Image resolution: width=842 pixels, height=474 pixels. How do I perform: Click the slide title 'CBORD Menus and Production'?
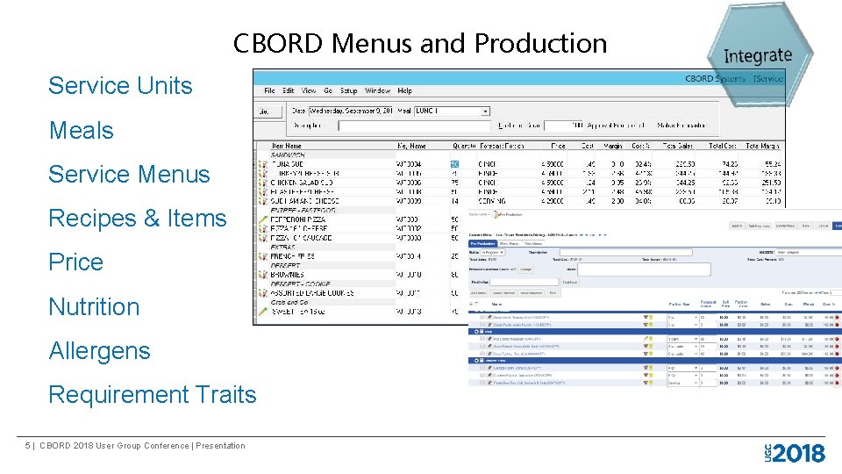pos(420,43)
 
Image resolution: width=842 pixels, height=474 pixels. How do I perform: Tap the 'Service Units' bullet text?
pos(120,86)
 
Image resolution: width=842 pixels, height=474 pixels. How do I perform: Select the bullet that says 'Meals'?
pos(82,131)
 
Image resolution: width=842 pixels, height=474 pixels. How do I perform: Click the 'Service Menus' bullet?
pos(129,175)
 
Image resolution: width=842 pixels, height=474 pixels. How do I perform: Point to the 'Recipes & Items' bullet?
pos(138,219)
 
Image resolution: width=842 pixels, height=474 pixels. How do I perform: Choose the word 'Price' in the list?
pos(76,262)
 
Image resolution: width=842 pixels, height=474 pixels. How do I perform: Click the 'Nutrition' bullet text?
pos(94,306)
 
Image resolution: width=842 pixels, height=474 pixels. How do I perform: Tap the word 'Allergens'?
pos(100,351)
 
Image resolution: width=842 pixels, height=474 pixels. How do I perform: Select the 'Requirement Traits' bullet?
pos(153,395)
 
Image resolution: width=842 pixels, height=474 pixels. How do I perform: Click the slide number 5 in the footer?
pos(29,446)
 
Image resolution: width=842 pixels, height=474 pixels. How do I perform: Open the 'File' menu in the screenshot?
pos(270,90)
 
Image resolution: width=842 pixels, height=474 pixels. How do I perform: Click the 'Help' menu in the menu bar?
pos(404,90)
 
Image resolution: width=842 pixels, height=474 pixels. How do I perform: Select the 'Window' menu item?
pos(377,90)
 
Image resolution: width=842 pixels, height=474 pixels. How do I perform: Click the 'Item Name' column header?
pos(287,146)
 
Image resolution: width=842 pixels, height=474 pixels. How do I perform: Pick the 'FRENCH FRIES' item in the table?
pos(293,255)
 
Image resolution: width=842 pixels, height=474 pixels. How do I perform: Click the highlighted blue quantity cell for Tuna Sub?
pos(454,163)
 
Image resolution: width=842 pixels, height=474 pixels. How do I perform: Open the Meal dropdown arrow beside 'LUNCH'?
pos(486,111)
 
